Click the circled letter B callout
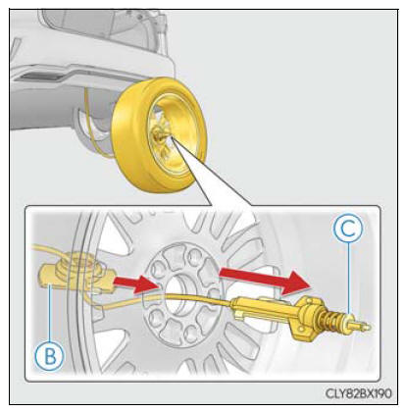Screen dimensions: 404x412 click(x=50, y=356)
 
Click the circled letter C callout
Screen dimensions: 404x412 click(x=348, y=230)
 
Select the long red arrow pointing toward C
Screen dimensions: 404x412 click(x=265, y=279)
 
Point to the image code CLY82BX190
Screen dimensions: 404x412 click(x=358, y=393)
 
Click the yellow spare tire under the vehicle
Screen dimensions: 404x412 click(x=159, y=134)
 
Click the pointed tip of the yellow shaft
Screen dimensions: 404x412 click(x=369, y=326)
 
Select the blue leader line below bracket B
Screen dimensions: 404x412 click(x=50, y=313)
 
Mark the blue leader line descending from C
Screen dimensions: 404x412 click(x=349, y=279)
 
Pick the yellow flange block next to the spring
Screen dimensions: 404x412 click(x=305, y=318)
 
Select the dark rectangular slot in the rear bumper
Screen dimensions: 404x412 click(x=40, y=77)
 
